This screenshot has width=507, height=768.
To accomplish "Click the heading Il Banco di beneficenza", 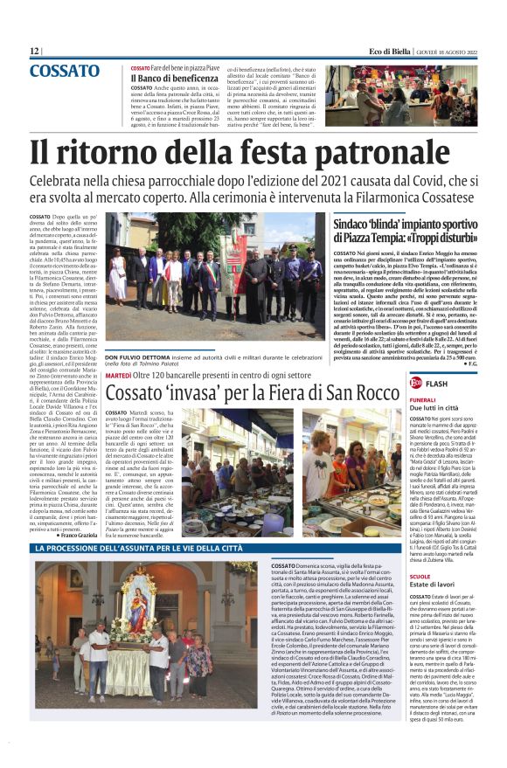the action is pos(169,79).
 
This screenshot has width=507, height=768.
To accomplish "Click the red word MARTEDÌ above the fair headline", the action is pos(118,376).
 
